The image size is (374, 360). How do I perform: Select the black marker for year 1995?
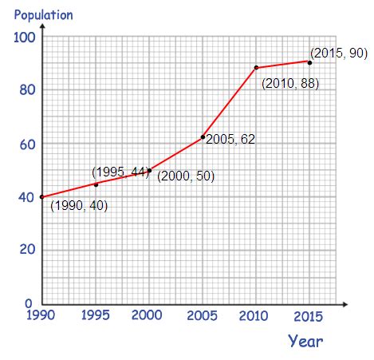(x=96, y=184)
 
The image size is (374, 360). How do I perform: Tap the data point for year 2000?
(x=149, y=170)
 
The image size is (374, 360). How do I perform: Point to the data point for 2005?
(x=203, y=137)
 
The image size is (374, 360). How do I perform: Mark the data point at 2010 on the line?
(x=256, y=68)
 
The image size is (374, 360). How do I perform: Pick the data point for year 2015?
(x=309, y=61)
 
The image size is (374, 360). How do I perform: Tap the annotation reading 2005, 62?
(x=230, y=139)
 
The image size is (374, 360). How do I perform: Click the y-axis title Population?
(x=43, y=15)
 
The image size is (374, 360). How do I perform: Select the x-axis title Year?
(x=305, y=342)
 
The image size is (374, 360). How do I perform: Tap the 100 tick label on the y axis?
(x=25, y=38)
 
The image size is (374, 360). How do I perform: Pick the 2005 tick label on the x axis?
(x=203, y=316)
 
